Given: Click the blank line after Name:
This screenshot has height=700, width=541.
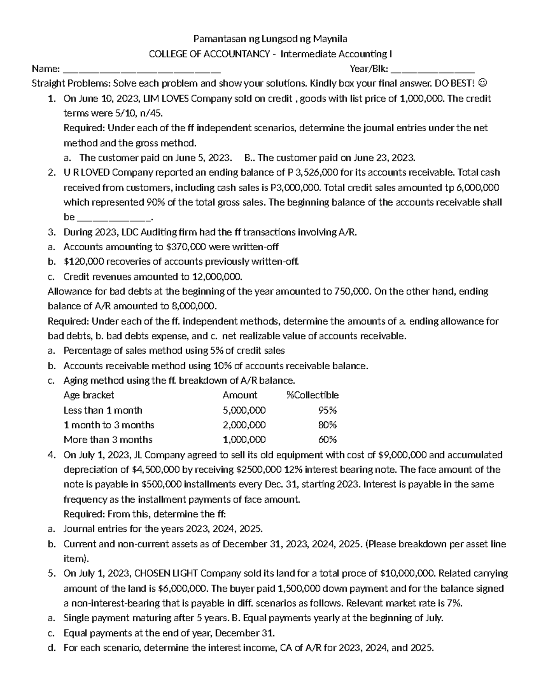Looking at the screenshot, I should (142, 70).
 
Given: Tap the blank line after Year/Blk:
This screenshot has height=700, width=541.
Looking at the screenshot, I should (432, 70).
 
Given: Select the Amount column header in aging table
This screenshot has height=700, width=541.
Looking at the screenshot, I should (240, 395).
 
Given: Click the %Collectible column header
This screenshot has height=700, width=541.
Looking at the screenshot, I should (312, 395).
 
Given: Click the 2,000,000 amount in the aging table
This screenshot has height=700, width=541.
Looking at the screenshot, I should (244, 425).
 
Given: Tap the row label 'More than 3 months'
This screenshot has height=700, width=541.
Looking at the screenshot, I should (108, 440).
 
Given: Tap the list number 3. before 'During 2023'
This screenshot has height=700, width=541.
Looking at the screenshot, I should (51, 232).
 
